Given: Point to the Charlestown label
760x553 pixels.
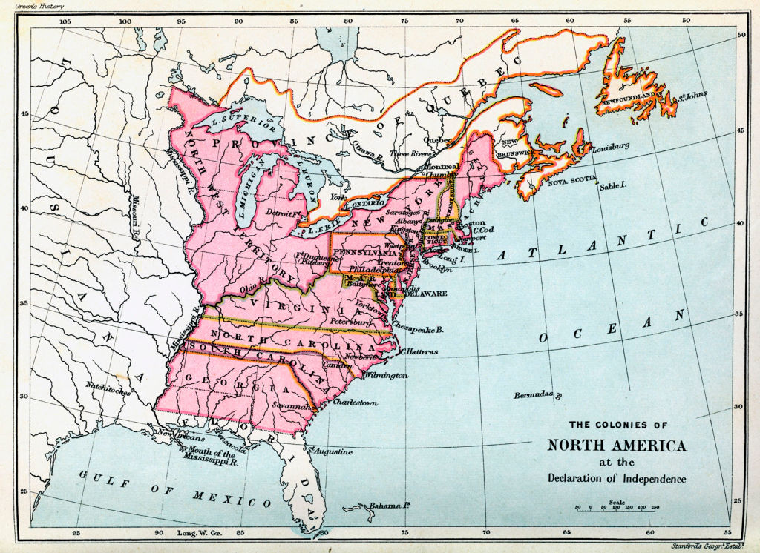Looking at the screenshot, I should click(355, 403).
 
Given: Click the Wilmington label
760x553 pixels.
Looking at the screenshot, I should click(384, 376).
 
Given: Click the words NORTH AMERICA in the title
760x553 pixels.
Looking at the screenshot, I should click(617, 446).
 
